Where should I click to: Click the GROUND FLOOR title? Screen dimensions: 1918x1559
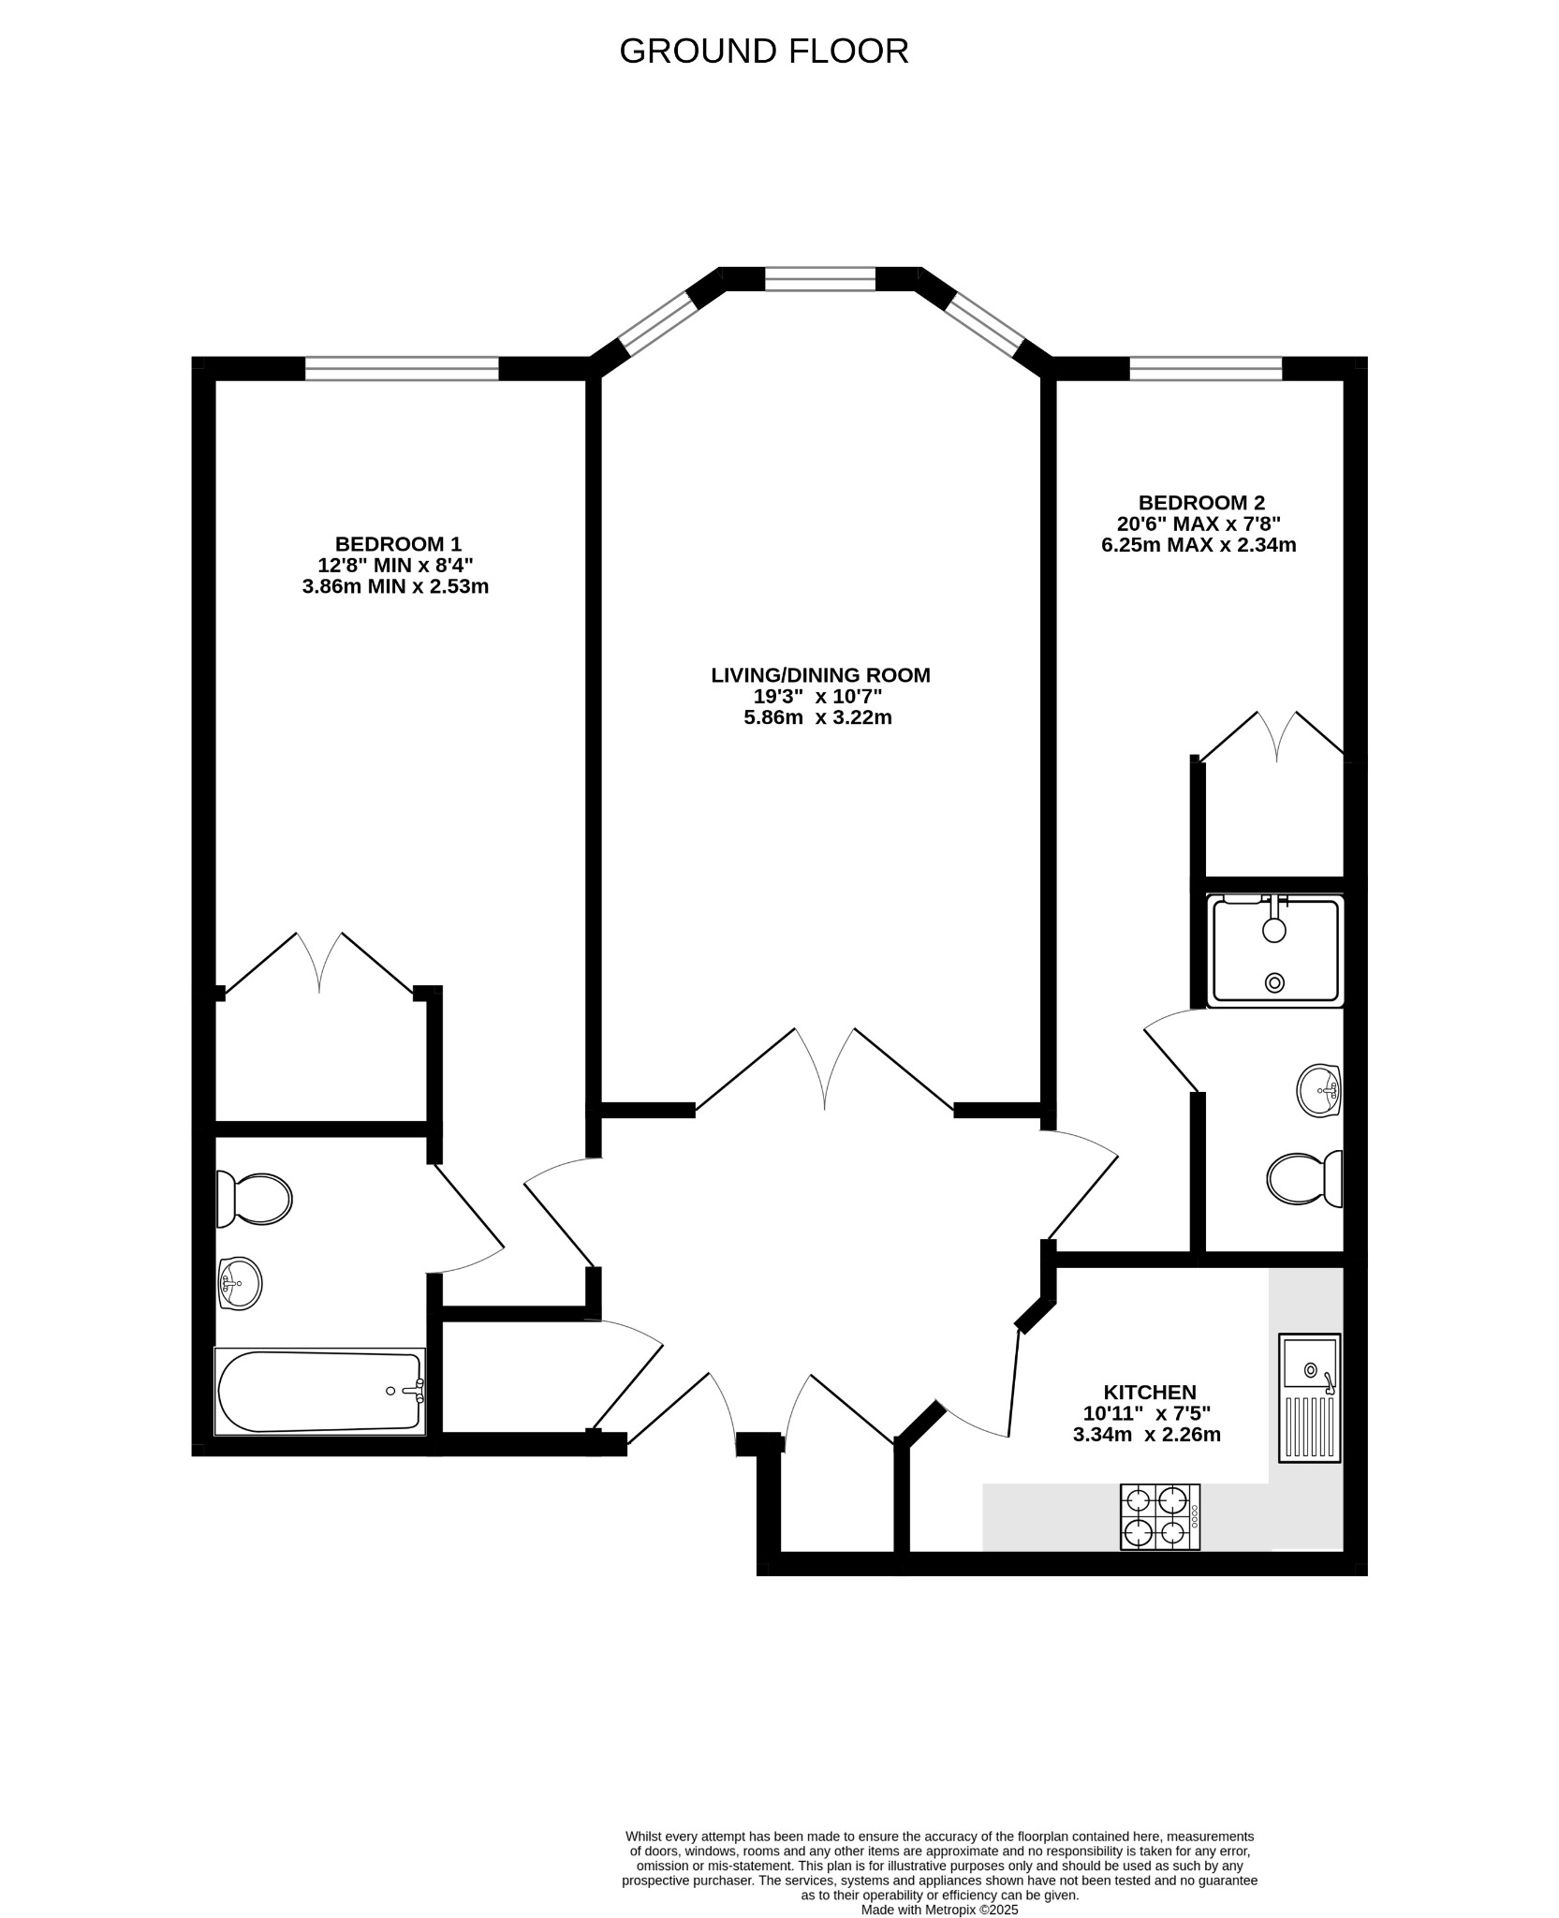tap(763, 51)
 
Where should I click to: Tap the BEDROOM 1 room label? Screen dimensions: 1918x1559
tap(398, 544)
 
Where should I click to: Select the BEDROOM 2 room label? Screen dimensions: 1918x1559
tap(1200, 503)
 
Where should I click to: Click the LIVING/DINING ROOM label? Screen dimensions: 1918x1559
tap(820, 674)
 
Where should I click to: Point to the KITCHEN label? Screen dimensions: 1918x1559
tap(1149, 1393)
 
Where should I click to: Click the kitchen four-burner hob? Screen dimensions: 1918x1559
tap(1159, 1516)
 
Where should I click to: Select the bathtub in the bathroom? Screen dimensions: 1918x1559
tap(320, 1391)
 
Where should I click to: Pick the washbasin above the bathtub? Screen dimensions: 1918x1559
tap(240, 1282)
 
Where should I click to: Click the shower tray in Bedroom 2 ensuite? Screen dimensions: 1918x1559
tap(1274, 951)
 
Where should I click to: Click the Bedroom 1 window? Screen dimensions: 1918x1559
tap(402, 369)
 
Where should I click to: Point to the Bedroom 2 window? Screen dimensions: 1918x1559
tap(1204, 369)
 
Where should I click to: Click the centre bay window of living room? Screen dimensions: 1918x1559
tap(820, 278)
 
